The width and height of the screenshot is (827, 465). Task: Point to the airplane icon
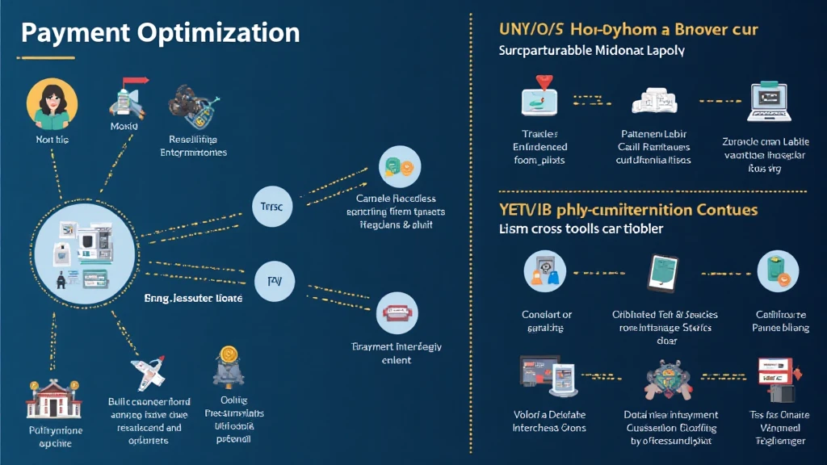click(147, 373)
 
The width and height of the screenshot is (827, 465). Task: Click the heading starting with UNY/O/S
click(628, 30)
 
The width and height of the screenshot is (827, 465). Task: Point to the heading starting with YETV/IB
click(629, 210)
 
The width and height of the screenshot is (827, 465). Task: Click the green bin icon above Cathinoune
click(777, 271)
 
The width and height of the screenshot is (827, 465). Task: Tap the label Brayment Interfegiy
click(397, 346)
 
